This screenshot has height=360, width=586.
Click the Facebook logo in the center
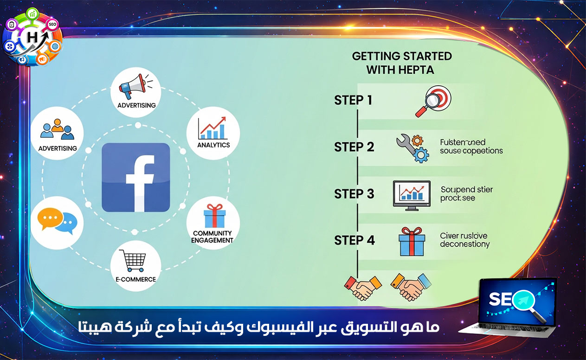(135, 178)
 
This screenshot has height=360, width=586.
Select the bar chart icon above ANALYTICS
(212, 128)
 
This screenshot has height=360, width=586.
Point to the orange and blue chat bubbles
(58, 220)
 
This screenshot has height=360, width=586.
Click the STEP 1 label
(353, 100)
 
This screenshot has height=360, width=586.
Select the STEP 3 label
(354, 194)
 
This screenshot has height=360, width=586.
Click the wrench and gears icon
(412, 148)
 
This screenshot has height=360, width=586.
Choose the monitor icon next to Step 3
(411, 194)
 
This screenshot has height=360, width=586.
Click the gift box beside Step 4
(412, 241)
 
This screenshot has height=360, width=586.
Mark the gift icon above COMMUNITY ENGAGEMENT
(214, 216)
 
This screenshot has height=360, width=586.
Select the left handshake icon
(362, 287)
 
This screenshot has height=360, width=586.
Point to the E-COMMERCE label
(135, 279)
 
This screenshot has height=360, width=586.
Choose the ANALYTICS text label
(213, 145)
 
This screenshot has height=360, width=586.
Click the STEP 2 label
(354, 147)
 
